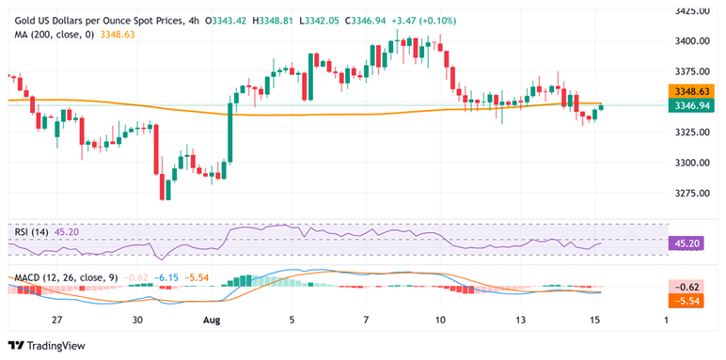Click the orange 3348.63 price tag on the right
695,92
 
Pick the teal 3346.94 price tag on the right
695,106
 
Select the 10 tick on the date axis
441,321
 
